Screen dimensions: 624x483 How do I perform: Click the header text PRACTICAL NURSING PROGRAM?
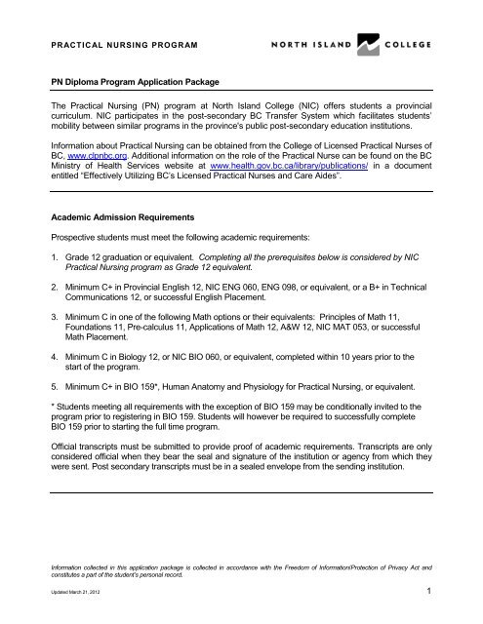[120, 46]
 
